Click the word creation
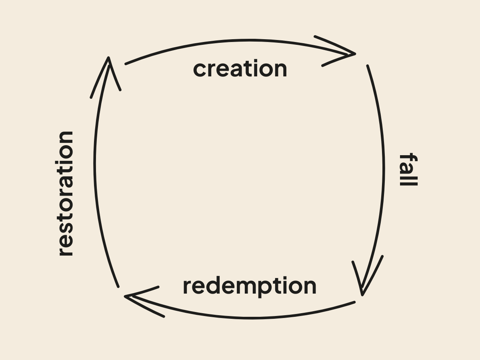click(240, 69)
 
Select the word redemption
click(249, 286)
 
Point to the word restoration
click(66, 193)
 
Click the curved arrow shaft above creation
click(240, 41)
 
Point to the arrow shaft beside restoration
click(95, 168)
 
